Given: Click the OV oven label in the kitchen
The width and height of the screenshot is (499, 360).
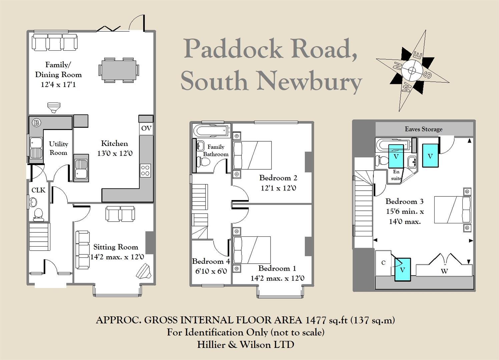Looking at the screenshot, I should coord(146,128).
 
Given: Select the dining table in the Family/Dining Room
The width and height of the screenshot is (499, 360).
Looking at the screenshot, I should coord(119,70).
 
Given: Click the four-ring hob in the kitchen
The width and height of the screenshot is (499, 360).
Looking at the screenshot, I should coord(145,170).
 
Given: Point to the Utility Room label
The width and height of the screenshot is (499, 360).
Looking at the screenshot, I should coord(58,148).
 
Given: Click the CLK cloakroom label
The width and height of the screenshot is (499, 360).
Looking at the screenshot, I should coord(38,190).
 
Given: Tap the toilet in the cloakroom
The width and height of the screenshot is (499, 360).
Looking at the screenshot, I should coord(38,214).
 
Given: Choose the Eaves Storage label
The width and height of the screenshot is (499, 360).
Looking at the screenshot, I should coord(424,129).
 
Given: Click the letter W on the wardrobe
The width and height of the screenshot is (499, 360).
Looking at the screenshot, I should coord(444,271).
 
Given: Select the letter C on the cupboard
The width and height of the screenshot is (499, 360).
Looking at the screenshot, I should coord(383,263).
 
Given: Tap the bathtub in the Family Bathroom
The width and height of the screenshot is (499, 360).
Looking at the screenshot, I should coord(211,130).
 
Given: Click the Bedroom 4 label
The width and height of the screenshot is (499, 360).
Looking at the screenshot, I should coord(211,261).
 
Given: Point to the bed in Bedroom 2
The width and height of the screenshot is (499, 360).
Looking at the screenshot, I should coord(252,155).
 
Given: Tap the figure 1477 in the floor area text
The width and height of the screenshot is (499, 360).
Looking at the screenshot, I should coord(316,320).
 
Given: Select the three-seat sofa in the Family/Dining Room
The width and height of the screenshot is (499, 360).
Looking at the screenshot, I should coord(55,43).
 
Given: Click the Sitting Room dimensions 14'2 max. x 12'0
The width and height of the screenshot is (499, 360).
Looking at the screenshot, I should coord(117,257).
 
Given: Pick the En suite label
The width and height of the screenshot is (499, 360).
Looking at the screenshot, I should coord(396,175).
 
